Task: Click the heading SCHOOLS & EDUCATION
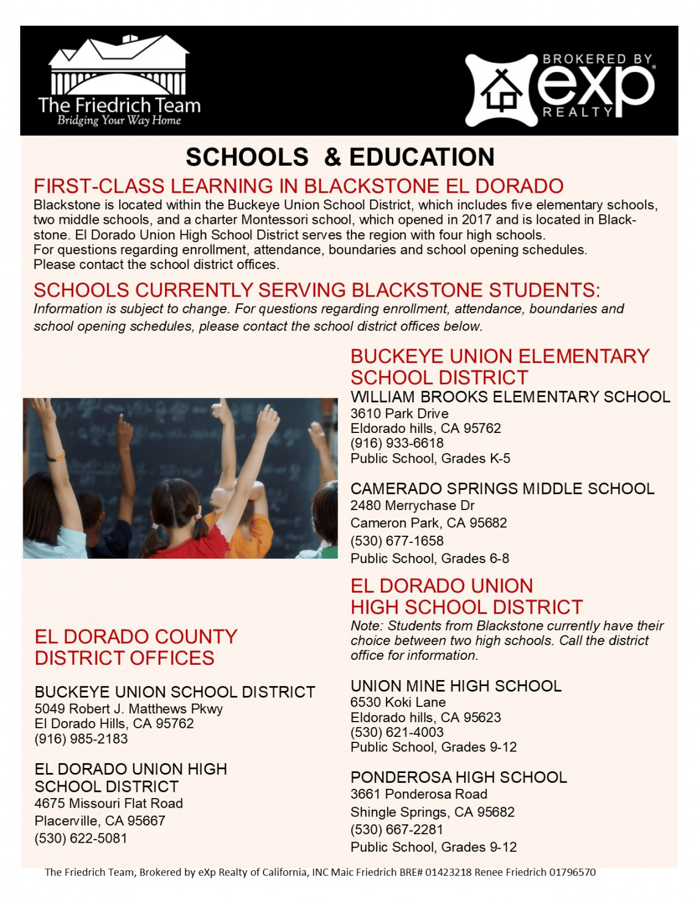pos(340,157)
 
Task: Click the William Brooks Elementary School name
pos(510,397)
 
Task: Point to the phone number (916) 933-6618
pos(397,443)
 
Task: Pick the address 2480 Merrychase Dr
pos(412,506)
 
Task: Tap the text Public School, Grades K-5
pos(430,459)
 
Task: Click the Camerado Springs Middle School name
pos(502,489)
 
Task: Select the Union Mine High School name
pos(455,686)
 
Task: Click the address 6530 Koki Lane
pos(398,703)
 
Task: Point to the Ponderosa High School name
pos(459,777)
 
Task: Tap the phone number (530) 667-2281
pos(397,830)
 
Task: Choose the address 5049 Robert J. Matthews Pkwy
pos(128,709)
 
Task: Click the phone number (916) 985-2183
pos(81,739)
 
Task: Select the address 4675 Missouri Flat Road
pos(109,804)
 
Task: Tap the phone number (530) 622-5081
pos(81,838)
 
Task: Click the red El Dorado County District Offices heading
pos(136,648)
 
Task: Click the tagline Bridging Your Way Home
pos(119,120)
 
